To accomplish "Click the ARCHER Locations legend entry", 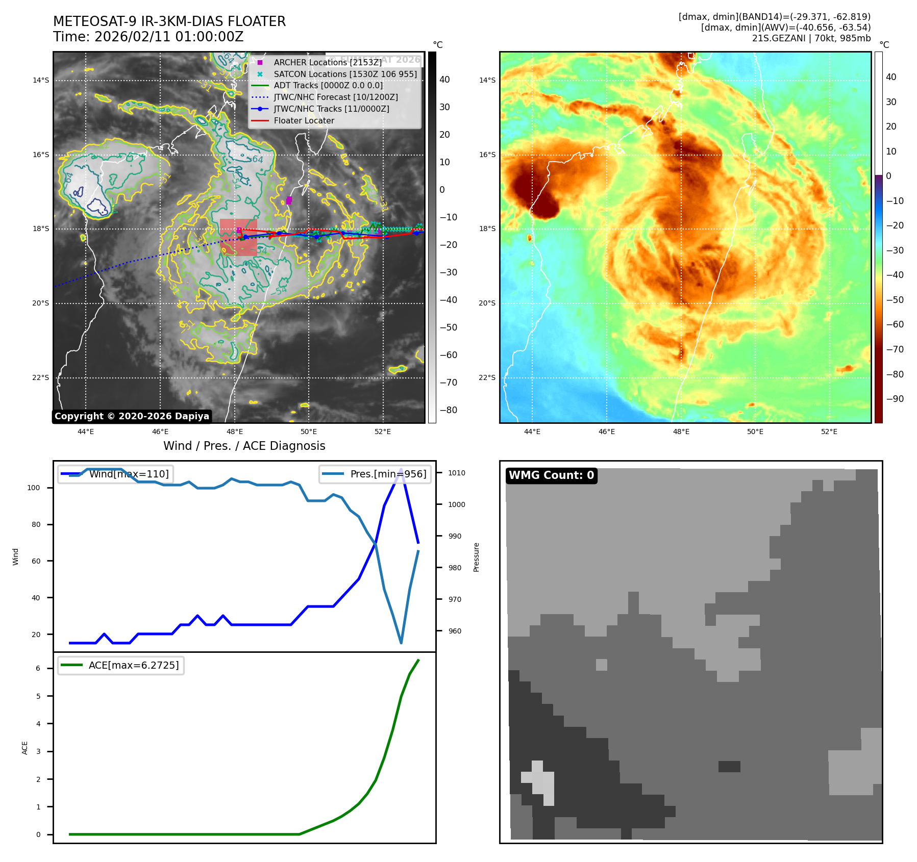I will (x=327, y=62).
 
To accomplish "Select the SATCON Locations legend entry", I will (x=345, y=74).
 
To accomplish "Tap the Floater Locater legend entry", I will (x=304, y=121).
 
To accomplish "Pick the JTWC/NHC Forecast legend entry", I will (x=335, y=97).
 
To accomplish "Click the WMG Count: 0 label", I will (x=551, y=475).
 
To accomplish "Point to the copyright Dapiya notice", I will (x=132, y=416).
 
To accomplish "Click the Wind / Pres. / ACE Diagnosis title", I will (x=244, y=446).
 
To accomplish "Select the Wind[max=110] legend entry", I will (x=129, y=474).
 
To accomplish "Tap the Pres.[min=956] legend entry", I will (x=388, y=474).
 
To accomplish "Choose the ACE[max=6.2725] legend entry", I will (x=134, y=665).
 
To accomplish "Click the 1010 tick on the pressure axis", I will (x=457, y=473).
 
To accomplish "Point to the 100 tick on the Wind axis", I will (x=34, y=488).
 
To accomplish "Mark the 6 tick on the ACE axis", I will (x=38, y=668).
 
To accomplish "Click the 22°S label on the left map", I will (x=41, y=378).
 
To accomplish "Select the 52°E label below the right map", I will (x=829, y=432).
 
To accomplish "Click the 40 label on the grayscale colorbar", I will (x=444, y=80).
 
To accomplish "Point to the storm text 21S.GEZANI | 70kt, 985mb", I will (x=811, y=38).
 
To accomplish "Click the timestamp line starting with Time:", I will (x=148, y=37).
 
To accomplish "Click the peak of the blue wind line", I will (x=401, y=469).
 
